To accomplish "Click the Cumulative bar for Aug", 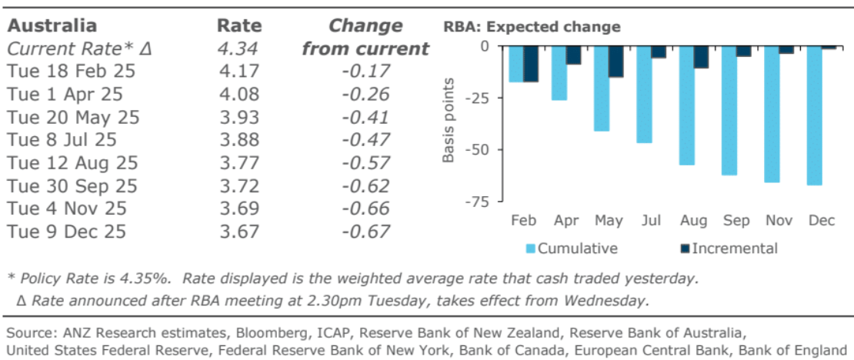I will pos(687,105).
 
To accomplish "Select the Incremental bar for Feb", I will pos(532,64).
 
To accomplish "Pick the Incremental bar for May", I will pos(616,62).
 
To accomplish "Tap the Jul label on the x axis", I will pos(652,221).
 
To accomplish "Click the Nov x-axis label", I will pos(780,221).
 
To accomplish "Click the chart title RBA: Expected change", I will pos(532,27).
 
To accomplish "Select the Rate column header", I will pos(239,25).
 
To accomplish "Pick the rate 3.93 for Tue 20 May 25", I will pos(239,118).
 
